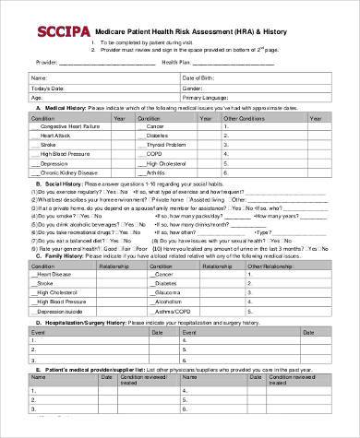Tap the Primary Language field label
[209, 96]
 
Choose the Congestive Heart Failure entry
[66, 127]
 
